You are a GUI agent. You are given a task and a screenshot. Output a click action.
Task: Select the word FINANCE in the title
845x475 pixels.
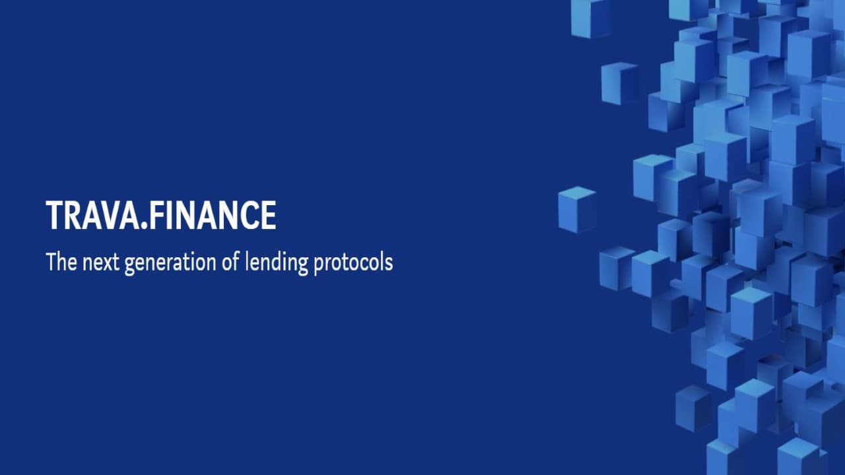[211, 215]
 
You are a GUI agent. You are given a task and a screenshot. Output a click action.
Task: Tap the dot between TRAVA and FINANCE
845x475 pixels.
[143, 226]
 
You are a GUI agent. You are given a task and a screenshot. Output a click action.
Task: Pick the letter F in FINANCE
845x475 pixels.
[155, 215]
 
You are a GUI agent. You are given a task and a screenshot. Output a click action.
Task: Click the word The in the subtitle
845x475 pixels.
[61, 262]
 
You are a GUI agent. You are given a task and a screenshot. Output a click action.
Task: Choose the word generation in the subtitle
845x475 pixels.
[171, 264]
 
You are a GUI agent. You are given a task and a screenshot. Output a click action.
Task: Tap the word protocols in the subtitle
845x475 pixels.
[353, 263]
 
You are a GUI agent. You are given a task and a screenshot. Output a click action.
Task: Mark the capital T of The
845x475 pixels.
[51, 261]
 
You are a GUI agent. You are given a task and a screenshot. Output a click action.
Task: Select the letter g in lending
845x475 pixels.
[302, 266]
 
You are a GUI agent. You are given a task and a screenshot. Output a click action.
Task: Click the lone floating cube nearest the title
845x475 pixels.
[577, 209]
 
